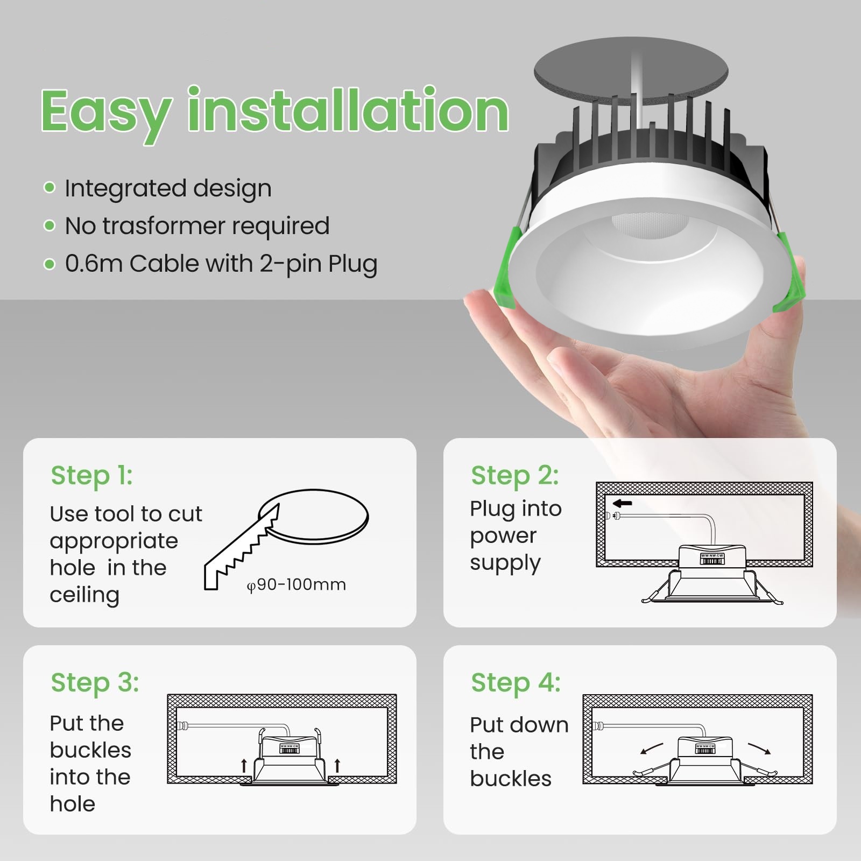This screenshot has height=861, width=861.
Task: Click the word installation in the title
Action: (348, 110)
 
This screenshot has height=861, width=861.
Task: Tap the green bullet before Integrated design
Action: (50, 188)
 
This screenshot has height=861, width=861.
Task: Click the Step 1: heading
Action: (92, 476)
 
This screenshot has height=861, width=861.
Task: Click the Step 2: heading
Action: (515, 476)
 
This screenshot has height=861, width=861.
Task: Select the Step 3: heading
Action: (95, 683)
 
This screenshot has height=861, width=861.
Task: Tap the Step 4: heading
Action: (516, 683)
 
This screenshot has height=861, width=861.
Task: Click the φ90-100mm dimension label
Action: (297, 585)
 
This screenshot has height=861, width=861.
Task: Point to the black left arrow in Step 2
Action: (623, 504)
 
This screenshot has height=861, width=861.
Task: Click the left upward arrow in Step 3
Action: (244, 765)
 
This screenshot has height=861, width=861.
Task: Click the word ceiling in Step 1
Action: (84, 595)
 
